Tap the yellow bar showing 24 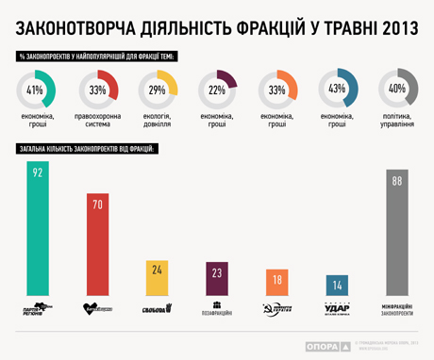tap(157, 278)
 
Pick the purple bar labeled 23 tap(217, 279)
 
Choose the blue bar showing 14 tap(337, 286)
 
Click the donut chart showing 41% tap(37, 90)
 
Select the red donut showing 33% tap(97, 90)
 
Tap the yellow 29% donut tap(158, 90)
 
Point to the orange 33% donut tap(278, 90)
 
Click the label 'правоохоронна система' tap(97, 123)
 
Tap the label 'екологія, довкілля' tap(158, 123)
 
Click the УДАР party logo tap(337, 308)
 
